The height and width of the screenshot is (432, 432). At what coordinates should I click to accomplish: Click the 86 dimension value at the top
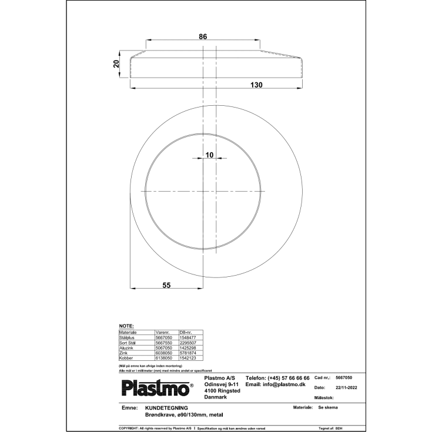tap(202, 37)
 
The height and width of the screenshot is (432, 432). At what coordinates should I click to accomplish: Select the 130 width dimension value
tap(256, 85)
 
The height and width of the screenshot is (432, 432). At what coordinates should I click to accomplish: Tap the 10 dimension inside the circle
tap(209, 155)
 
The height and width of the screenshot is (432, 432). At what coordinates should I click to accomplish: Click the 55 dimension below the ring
tap(166, 285)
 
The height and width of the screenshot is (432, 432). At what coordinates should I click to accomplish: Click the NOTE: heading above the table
tap(126, 326)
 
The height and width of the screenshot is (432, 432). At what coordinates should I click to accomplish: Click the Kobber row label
tap(127, 358)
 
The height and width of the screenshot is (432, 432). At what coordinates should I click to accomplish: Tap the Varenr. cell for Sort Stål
tap(163, 343)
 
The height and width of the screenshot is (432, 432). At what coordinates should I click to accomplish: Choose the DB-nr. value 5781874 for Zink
tap(188, 353)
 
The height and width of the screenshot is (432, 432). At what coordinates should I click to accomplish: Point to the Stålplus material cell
tap(128, 337)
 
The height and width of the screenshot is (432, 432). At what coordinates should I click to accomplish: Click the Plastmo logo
tap(156, 387)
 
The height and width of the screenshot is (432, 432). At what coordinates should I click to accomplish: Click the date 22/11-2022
tap(346, 388)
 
